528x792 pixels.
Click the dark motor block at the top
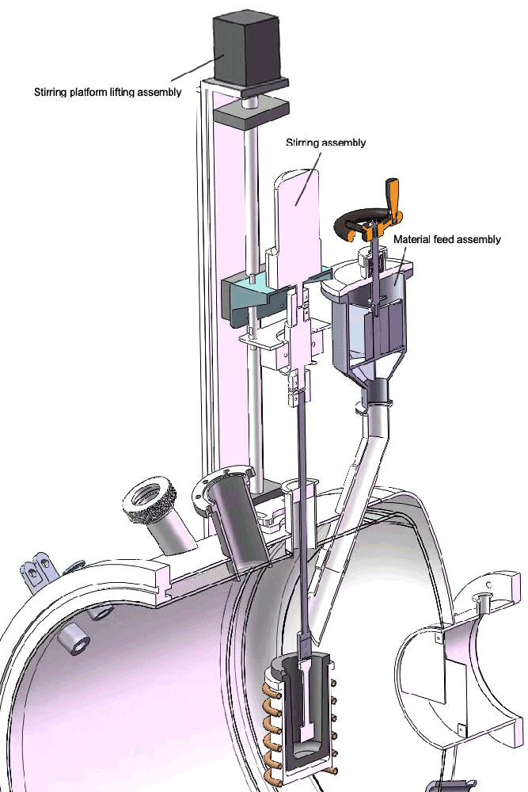246,51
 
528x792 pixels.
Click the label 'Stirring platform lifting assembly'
108,92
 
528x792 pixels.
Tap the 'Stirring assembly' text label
325,143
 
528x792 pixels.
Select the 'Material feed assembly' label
446,239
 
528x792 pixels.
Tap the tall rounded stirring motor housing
297,223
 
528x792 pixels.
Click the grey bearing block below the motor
251,113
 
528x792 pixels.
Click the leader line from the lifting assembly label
197,69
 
